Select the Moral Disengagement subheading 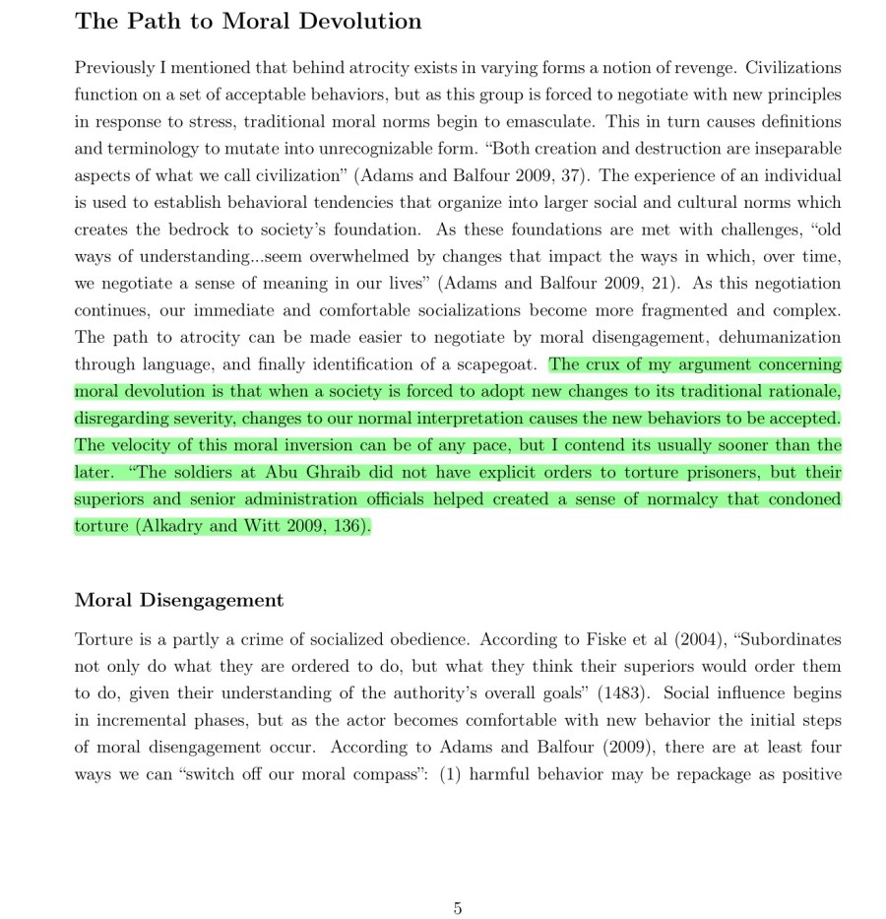tap(179, 600)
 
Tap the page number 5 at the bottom tap(458, 908)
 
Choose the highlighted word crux tap(601, 364)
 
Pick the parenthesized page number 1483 tap(625, 693)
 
